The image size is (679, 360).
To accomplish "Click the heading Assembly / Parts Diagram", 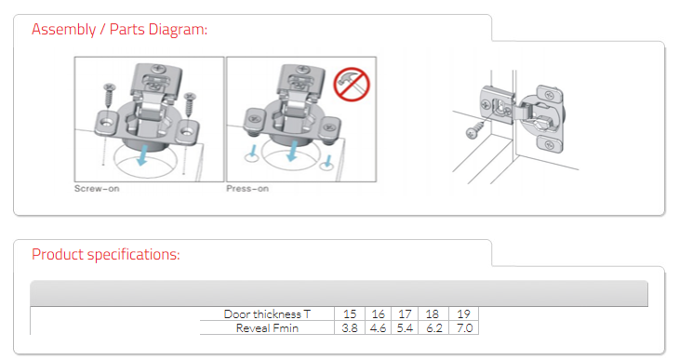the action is click(x=119, y=30).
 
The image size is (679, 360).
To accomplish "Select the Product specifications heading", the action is click(x=106, y=254).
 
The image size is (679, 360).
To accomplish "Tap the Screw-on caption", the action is click(x=97, y=189).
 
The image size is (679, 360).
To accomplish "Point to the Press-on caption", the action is click(x=247, y=189).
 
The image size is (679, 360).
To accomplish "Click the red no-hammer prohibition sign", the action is click(x=352, y=84).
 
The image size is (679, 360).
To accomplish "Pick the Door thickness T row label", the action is click(x=267, y=313).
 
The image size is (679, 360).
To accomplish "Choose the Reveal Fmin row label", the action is click(x=267, y=328).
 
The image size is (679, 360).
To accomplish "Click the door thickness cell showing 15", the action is click(x=350, y=313).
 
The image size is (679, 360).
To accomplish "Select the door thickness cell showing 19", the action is click(x=463, y=313).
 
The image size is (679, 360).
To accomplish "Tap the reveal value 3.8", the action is click(x=350, y=328).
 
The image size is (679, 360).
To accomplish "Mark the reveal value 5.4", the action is click(x=405, y=328).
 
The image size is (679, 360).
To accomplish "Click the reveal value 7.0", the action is click(x=464, y=328).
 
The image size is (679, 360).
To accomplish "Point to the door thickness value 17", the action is click(x=405, y=313).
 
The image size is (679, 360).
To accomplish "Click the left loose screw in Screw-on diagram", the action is click(x=109, y=95).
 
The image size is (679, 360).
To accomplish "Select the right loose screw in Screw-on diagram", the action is click(x=189, y=105).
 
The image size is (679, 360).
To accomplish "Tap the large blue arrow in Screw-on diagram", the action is click(x=141, y=155).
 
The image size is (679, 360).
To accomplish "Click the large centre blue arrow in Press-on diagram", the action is click(x=293, y=152).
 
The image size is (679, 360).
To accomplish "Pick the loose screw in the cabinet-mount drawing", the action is click(x=475, y=130).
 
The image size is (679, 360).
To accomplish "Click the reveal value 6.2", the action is click(x=433, y=328).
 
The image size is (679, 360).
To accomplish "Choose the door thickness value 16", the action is click(x=378, y=313).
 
